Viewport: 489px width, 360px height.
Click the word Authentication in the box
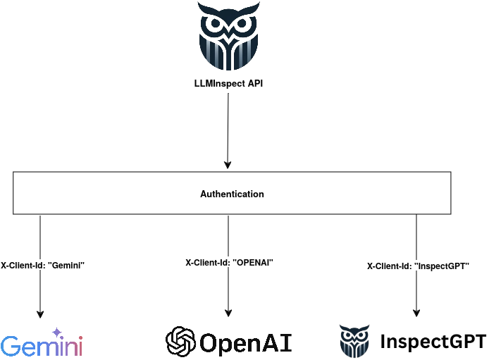[x=232, y=194]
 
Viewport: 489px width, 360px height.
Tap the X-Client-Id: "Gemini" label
[x=42, y=265]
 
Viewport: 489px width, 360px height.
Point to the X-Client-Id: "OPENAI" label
[x=229, y=262]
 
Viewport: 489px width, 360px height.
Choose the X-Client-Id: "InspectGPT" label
[x=418, y=266]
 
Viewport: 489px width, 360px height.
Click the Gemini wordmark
[x=42, y=345]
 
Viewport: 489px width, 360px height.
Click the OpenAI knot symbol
[x=180, y=342]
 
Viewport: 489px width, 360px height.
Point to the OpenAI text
[x=245, y=342]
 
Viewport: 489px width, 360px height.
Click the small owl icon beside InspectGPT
[x=354, y=341]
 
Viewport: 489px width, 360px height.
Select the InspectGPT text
[x=433, y=342]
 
